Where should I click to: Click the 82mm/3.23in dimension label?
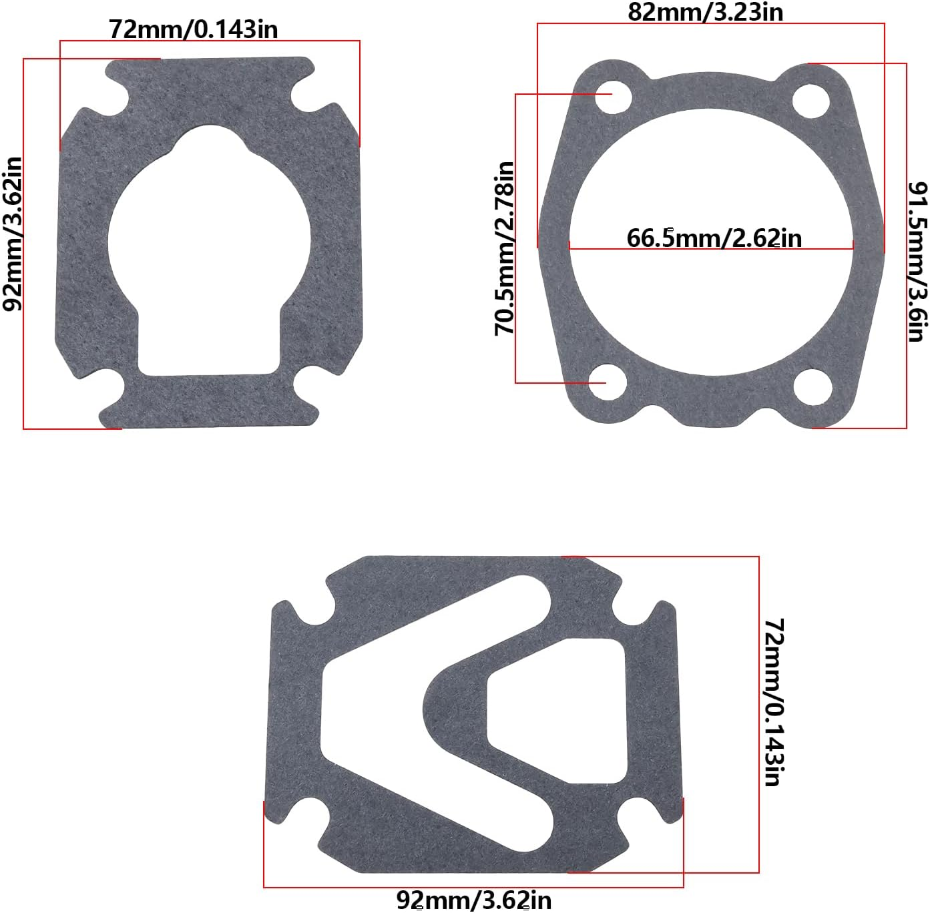(705, 12)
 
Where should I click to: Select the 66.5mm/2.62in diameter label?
(714, 238)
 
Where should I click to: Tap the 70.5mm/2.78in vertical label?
(505, 248)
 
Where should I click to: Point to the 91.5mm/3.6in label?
(918, 261)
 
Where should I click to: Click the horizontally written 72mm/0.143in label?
(194, 29)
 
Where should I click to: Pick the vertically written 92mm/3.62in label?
(13, 234)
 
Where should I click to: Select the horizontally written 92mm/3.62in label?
(474, 900)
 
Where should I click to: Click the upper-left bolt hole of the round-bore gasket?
(613, 98)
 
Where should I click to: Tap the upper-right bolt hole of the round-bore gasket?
(810, 99)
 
